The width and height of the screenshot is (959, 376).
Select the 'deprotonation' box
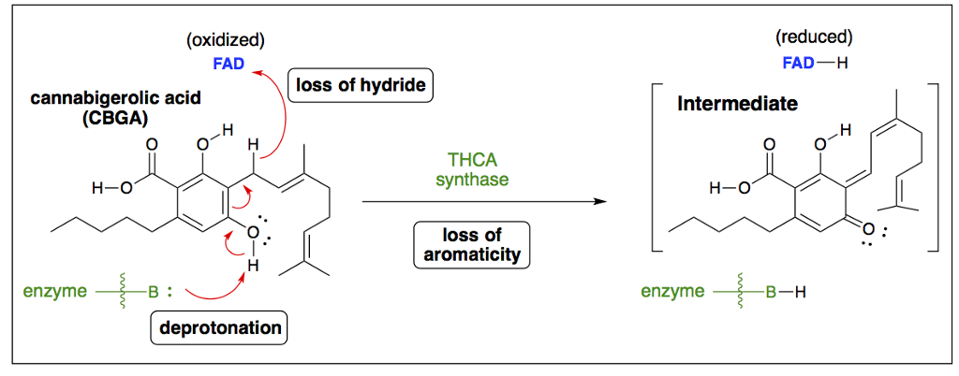tap(219, 328)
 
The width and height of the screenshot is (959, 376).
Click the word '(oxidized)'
tap(225, 39)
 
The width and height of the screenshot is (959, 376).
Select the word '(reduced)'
tap(814, 37)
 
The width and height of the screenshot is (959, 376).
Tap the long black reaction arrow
tap(478, 201)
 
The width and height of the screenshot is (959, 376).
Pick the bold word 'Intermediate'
tap(737, 104)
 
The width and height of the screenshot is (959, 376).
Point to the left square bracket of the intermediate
tap(657, 168)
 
